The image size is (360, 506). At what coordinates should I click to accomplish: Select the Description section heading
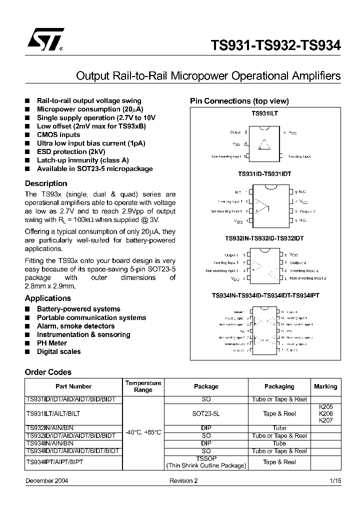[x=46, y=183]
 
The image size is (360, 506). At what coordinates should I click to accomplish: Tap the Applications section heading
[x=48, y=298]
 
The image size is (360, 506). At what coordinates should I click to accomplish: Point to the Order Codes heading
[x=48, y=372]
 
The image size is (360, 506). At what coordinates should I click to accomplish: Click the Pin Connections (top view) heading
[x=239, y=101]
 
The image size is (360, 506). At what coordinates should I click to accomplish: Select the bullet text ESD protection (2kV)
[x=71, y=151]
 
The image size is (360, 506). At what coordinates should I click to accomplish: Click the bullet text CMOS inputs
[x=58, y=134]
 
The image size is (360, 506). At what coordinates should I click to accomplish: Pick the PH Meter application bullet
[x=52, y=343]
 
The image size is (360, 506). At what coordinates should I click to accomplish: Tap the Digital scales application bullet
[x=58, y=351]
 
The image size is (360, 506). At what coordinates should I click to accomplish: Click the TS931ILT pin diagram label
[x=264, y=113]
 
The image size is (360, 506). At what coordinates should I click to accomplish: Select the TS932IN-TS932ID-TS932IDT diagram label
[x=264, y=238]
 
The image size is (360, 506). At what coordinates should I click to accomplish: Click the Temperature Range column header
[x=143, y=386]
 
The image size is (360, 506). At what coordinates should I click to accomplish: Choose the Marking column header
[x=325, y=386]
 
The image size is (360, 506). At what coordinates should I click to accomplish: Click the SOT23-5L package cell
[x=206, y=413]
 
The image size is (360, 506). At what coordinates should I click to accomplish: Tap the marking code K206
[x=325, y=414]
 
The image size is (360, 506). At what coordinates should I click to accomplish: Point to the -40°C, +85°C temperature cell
[x=143, y=431]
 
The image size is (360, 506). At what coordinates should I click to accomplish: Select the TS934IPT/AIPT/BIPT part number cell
[x=54, y=462]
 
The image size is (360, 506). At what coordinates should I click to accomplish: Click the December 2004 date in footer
[x=47, y=480]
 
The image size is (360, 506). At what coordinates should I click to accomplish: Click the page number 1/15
[x=335, y=480]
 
